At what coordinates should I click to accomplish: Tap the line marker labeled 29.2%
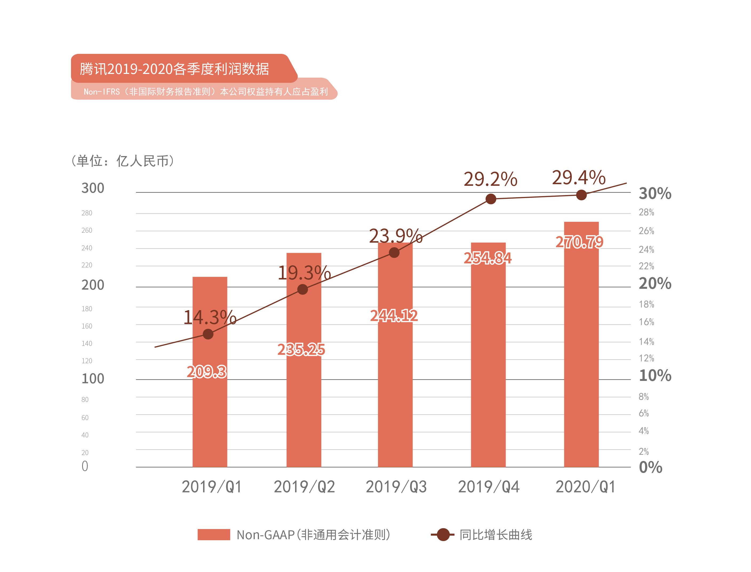490,199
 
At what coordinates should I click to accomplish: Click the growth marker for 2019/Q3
394,253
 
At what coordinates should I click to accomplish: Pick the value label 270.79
579,242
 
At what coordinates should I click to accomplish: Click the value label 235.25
301,350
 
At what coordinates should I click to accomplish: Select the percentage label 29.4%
578,178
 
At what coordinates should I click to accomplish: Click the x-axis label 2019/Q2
304,487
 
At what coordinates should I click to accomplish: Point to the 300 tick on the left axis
93,188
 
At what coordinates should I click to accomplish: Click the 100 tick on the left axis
93,378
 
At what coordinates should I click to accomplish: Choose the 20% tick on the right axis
655,283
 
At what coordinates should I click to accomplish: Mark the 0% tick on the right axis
650,467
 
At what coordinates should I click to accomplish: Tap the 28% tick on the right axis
646,212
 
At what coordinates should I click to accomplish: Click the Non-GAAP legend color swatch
214,535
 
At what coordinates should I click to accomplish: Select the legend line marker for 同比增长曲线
442,535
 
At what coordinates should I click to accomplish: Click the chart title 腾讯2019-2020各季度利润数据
174,69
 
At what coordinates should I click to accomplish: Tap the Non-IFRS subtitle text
205,92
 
